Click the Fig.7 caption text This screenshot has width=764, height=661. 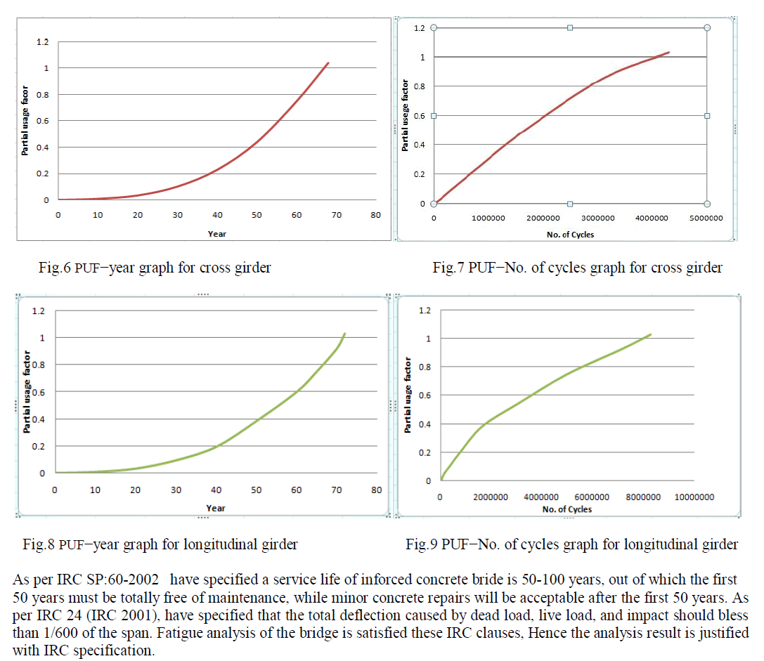[577, 268]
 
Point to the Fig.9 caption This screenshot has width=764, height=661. [572, 544]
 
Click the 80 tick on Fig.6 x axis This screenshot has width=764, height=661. [376, 215]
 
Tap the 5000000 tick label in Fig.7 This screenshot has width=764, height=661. [706, 218]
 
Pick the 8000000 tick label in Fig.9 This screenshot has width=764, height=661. [642, 497]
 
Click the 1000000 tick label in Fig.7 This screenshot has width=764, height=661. [488, 218]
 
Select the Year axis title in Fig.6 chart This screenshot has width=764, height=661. [216, 234]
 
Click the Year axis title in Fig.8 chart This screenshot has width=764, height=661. [216, 507]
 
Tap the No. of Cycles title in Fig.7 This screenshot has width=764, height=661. [570, 235]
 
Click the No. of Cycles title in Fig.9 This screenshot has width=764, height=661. [568, 509]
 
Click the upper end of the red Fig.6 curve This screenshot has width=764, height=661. [328, 63]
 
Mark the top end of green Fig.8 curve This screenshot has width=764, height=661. [345, 333]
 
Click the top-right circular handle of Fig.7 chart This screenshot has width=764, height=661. [707, 27]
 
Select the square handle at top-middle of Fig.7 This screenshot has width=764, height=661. [570, 27]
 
